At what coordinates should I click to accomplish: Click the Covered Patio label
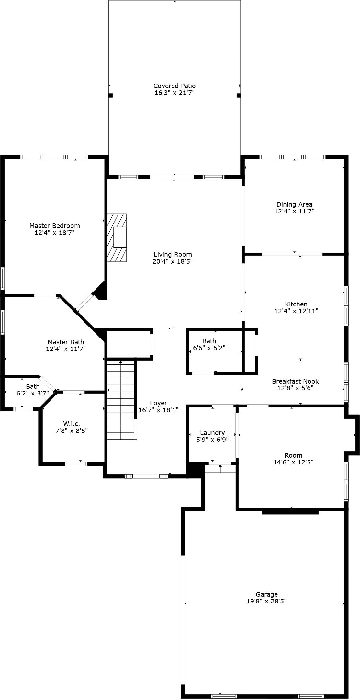(x=174, y=86)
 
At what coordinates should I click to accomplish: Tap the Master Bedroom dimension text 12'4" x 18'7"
(x=55, y=233)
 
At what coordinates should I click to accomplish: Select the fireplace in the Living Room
(x=117, y=238)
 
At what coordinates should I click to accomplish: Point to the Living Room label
(x=173, y=254)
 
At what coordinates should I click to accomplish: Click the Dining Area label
(x=294, y=204)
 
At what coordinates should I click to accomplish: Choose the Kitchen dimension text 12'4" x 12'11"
(x=296, y=311)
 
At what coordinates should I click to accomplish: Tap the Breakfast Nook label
(x=295, y=381)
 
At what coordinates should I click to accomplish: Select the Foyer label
(x=159, y=403)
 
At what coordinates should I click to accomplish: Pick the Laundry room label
(x=212, y=433)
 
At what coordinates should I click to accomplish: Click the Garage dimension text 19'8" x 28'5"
(x=266, y=601)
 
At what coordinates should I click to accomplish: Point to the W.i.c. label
(x=72, y=424)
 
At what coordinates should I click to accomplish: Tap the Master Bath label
(x=66, y=342)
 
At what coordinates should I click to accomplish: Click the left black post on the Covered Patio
(x=110, y=96)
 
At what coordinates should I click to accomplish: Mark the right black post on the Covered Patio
(x=239, y=96)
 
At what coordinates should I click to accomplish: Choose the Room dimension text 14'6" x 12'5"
(x=293, y=462)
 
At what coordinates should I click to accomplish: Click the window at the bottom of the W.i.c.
(x=76, y=464)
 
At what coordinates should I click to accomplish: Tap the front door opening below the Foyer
(x=146, y=476)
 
